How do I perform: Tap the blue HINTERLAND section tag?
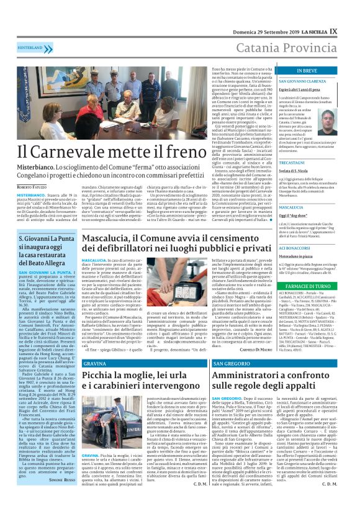point(30,47)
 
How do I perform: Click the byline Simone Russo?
point(62,497)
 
